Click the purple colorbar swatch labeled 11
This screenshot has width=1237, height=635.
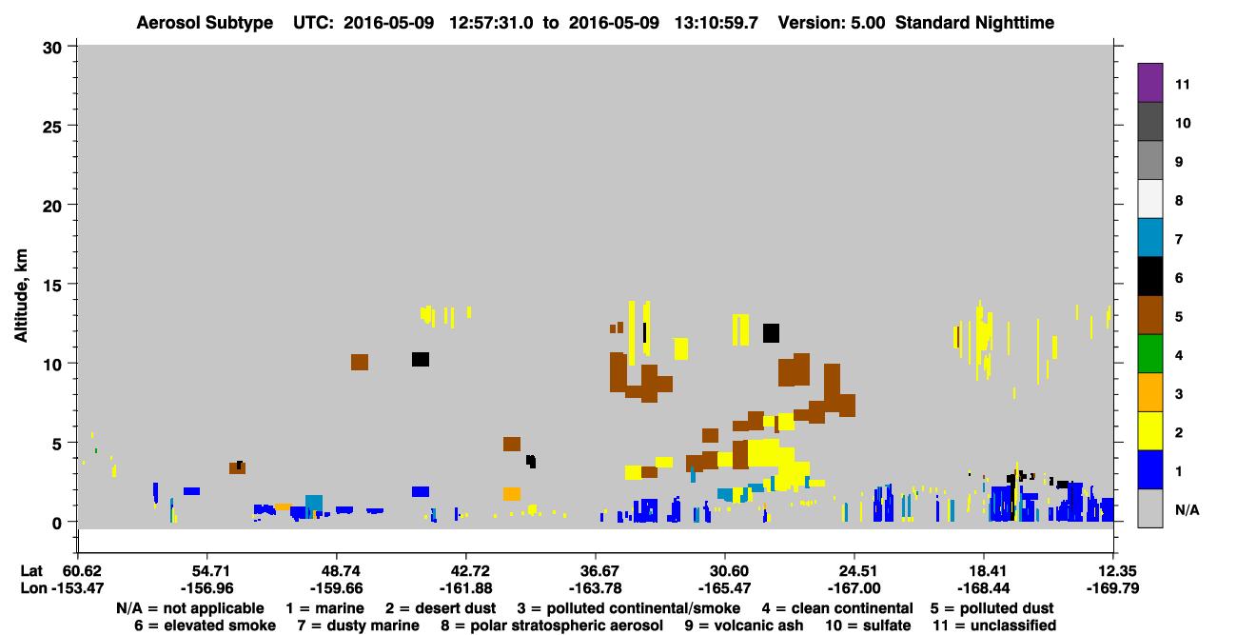pos(1149,82)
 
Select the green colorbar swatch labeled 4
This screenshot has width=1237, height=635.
pos(1149,354)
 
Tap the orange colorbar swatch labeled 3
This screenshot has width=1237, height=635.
pos(1149,392)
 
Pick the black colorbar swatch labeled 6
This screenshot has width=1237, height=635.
pos(1149,276)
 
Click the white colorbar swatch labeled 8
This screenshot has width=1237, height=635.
pos(1149,199)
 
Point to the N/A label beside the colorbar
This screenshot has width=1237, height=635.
pos(1187,509)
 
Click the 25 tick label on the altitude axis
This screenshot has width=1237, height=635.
pos(52,128)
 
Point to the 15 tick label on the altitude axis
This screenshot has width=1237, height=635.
pos(52,286)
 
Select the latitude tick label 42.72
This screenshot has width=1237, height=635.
pos(465,571)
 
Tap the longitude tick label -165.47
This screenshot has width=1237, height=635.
pos(725,588)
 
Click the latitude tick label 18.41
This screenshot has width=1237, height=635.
pos(984,571)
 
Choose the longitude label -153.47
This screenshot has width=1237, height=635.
pos(77,588)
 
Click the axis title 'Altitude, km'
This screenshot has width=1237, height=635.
pos(21,295)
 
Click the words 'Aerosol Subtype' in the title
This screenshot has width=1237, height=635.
pos(205,23)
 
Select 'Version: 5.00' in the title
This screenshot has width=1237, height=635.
pos(832,23)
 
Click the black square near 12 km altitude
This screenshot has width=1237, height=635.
pos(771,333)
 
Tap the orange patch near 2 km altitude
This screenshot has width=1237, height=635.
pos(512,494)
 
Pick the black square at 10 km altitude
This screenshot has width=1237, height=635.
pos(421,359)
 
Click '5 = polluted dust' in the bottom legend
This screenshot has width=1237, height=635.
pos(992,608)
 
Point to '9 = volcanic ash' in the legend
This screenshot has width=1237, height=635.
pos(744,625)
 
